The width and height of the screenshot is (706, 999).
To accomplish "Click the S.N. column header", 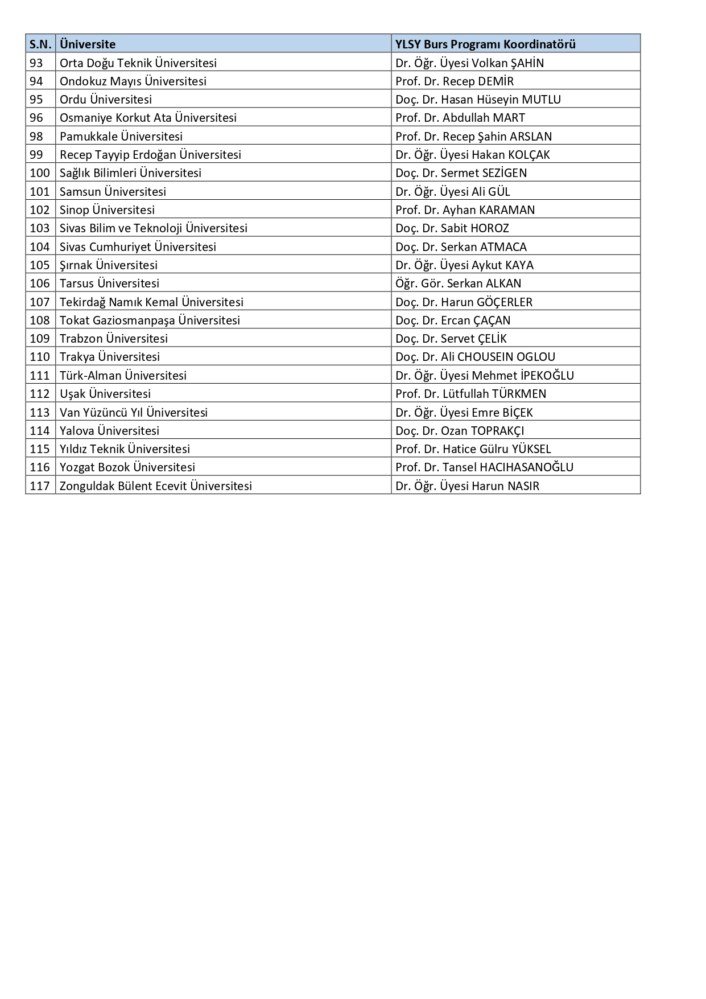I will click(40, 44).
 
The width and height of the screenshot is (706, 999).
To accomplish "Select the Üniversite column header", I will click(88, 44).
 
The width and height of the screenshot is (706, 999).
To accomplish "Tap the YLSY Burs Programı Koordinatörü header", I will click(485, 44).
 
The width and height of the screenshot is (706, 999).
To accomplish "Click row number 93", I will click(36, 63).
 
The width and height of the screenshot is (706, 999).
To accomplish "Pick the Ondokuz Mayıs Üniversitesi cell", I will click(133, 81).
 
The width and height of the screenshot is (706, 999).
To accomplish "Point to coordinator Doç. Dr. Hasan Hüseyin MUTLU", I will click(478, 100).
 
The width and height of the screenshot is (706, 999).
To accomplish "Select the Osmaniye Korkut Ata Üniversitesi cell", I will click(148, 118).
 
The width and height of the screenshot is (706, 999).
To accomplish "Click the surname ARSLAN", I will click(531, 136).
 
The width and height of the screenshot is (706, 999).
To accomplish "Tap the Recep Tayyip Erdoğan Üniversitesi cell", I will click(150, 154).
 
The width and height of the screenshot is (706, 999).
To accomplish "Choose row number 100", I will click(40, 173).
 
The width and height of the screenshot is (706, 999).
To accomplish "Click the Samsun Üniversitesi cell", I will click(113, 191).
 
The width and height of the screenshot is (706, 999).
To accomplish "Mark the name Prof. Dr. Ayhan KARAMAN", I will click(465, 209).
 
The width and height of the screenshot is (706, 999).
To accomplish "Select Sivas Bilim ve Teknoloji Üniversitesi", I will click(154, 228).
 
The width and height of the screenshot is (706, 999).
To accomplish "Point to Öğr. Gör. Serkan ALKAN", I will click(458, 283).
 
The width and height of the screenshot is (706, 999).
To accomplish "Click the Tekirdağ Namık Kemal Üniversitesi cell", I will click(151, 302).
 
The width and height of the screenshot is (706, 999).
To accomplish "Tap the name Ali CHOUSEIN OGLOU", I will click(498, 357).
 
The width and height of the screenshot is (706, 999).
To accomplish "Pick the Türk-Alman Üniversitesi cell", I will click(123, 375).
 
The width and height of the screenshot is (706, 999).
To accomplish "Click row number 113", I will click(40, 412).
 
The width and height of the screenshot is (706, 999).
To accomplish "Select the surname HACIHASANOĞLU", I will click(526, 467).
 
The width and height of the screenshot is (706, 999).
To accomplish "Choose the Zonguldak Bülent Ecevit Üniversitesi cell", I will click(156, 486).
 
